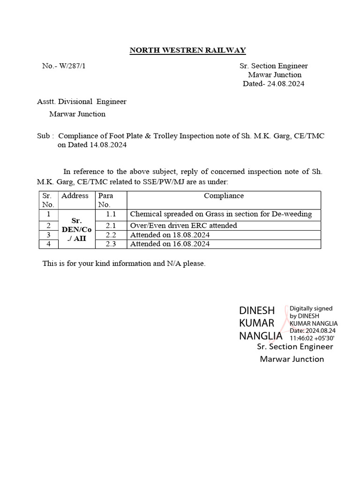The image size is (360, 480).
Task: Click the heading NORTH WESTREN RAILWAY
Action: [x=187, y=50]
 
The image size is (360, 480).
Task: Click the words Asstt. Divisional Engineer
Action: [x=82, y=101]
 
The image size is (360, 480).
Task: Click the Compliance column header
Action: [x=224, y=196]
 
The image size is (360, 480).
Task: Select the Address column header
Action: [x=75, y=196]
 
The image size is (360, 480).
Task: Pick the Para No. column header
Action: [x=106, y=200]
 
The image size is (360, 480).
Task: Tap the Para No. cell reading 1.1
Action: [x=110, y=214]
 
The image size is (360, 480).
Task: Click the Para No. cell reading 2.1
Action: [x=110, y=225]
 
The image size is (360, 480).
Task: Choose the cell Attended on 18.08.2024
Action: [x=170, y=235]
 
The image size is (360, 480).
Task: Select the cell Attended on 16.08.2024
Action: [x=170, y=244]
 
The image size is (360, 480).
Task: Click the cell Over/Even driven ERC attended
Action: [x=183, y=225]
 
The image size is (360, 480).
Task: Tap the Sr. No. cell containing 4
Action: [x=48, y=244]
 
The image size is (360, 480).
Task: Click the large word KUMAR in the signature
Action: [x=256, y=323]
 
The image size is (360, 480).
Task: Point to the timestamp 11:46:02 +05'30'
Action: [x=312, y=337]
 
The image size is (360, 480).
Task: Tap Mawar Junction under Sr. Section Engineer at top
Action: [x=275, y=75]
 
